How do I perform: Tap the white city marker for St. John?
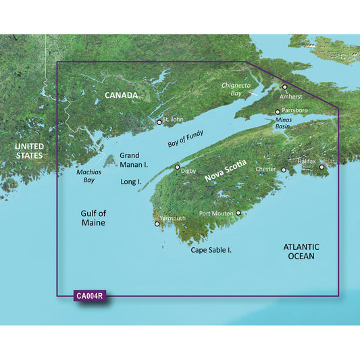159,122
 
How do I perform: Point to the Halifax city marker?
322,167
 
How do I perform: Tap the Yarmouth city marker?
157,224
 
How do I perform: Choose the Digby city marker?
178,167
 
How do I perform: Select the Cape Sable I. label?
211,250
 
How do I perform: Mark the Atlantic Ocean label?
301,251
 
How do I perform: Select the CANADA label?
121,96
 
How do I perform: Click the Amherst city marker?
285,87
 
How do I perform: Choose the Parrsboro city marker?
278,112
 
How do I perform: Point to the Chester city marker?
284,170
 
